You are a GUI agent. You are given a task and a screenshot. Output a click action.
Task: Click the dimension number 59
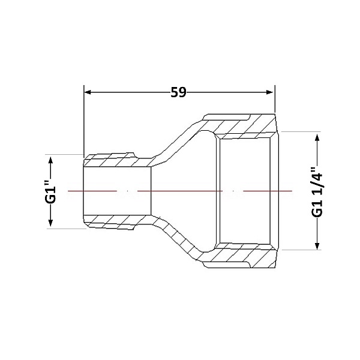click(x=178, y=92)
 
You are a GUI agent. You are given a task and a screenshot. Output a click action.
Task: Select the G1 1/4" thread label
click(x=317, y=191)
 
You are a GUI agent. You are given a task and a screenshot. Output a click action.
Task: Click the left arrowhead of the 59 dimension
click(x=88, y=92)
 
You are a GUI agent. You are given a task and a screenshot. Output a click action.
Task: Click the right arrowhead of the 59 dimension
click(x=269, y=92)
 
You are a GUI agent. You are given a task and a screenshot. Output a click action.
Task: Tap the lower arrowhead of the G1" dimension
click(x=50, y=223)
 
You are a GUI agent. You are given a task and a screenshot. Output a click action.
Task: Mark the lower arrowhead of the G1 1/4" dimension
click(x=317, y=245)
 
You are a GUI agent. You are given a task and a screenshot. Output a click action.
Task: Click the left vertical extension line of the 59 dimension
click(x=84, y=121)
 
